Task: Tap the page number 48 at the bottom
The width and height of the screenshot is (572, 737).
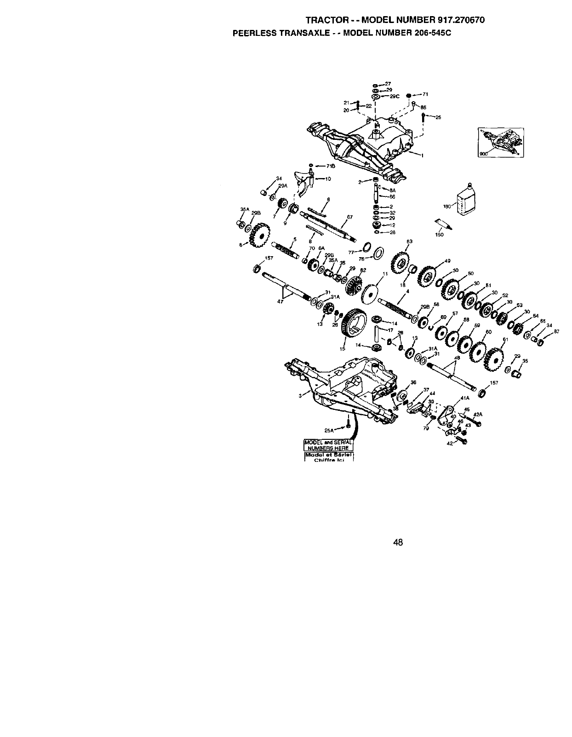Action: pos(398,542)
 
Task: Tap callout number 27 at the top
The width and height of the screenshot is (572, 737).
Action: pos(388,84)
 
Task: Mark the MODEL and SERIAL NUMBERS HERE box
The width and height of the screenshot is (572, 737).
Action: pos(328,445)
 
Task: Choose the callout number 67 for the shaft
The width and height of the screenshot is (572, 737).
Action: pos(349,217)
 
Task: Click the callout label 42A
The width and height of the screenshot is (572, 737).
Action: pos(478,414)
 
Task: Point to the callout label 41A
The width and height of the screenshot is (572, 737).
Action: pos(464,398)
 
